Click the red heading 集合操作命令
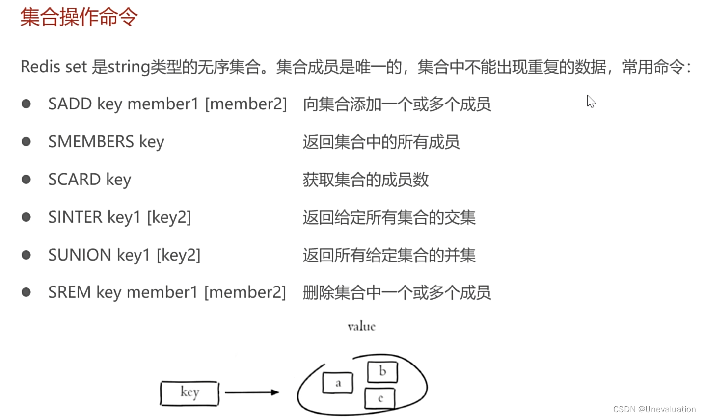tap(79, 17)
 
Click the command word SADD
tap(70, 104)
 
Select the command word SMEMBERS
tap(91, 142)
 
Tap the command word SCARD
tap(75, 180)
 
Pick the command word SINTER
tap(75, 217)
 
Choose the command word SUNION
tap(80, 255)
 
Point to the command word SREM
tap(70, 292)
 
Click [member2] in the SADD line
tap(245, 104)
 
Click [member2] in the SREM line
tap(245, 292)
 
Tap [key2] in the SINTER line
tap(169, 217)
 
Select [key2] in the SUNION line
tap(178, 255)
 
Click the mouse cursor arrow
tap(591, 101)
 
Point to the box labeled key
tap(189, 393)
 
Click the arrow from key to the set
tap(252, 392)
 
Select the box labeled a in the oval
tap(338, 383)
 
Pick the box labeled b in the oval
tap(382, 372)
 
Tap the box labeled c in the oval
tap(380, 398)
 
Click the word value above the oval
tap(361, 327)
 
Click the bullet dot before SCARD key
tap(27, 180)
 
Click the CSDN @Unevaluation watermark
tap(654, 409)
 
